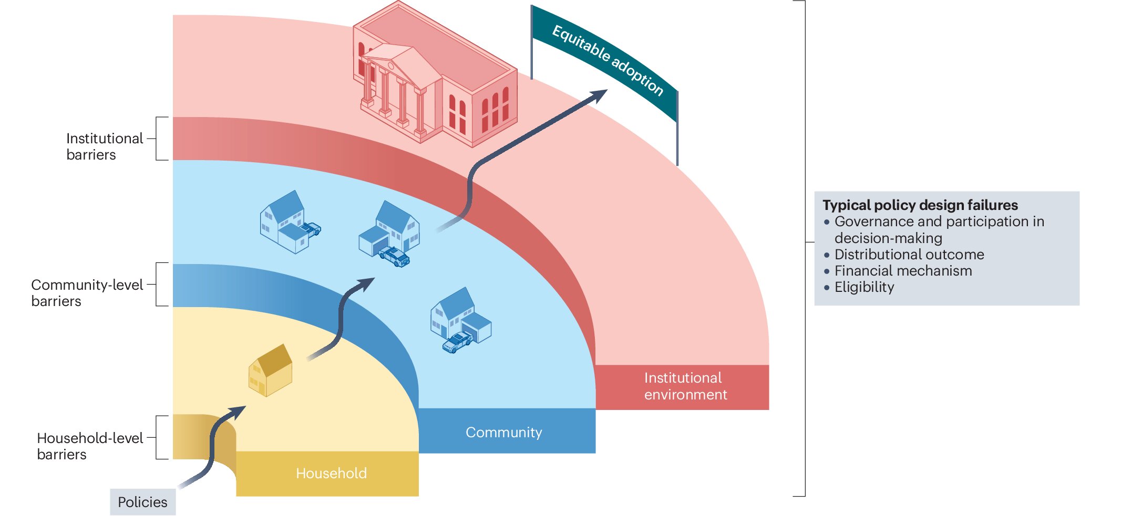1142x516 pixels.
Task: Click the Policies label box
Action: pos(142,502)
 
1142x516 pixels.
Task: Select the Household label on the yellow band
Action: pos(331,473)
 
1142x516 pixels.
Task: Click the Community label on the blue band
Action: pos(503,432)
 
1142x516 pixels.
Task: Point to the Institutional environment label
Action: pos(685,386)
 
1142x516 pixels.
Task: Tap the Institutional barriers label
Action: pos(104,146)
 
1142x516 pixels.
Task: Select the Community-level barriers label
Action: pos(87,292)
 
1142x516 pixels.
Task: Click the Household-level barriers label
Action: pos(90,446)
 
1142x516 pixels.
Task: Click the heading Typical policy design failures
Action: pos(920,205)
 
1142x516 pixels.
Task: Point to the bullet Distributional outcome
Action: pos(909,255)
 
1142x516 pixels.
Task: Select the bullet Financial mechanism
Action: pos(903,271)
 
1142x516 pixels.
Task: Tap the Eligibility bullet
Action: pos(864,287)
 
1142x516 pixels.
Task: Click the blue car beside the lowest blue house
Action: pos(457,342)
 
